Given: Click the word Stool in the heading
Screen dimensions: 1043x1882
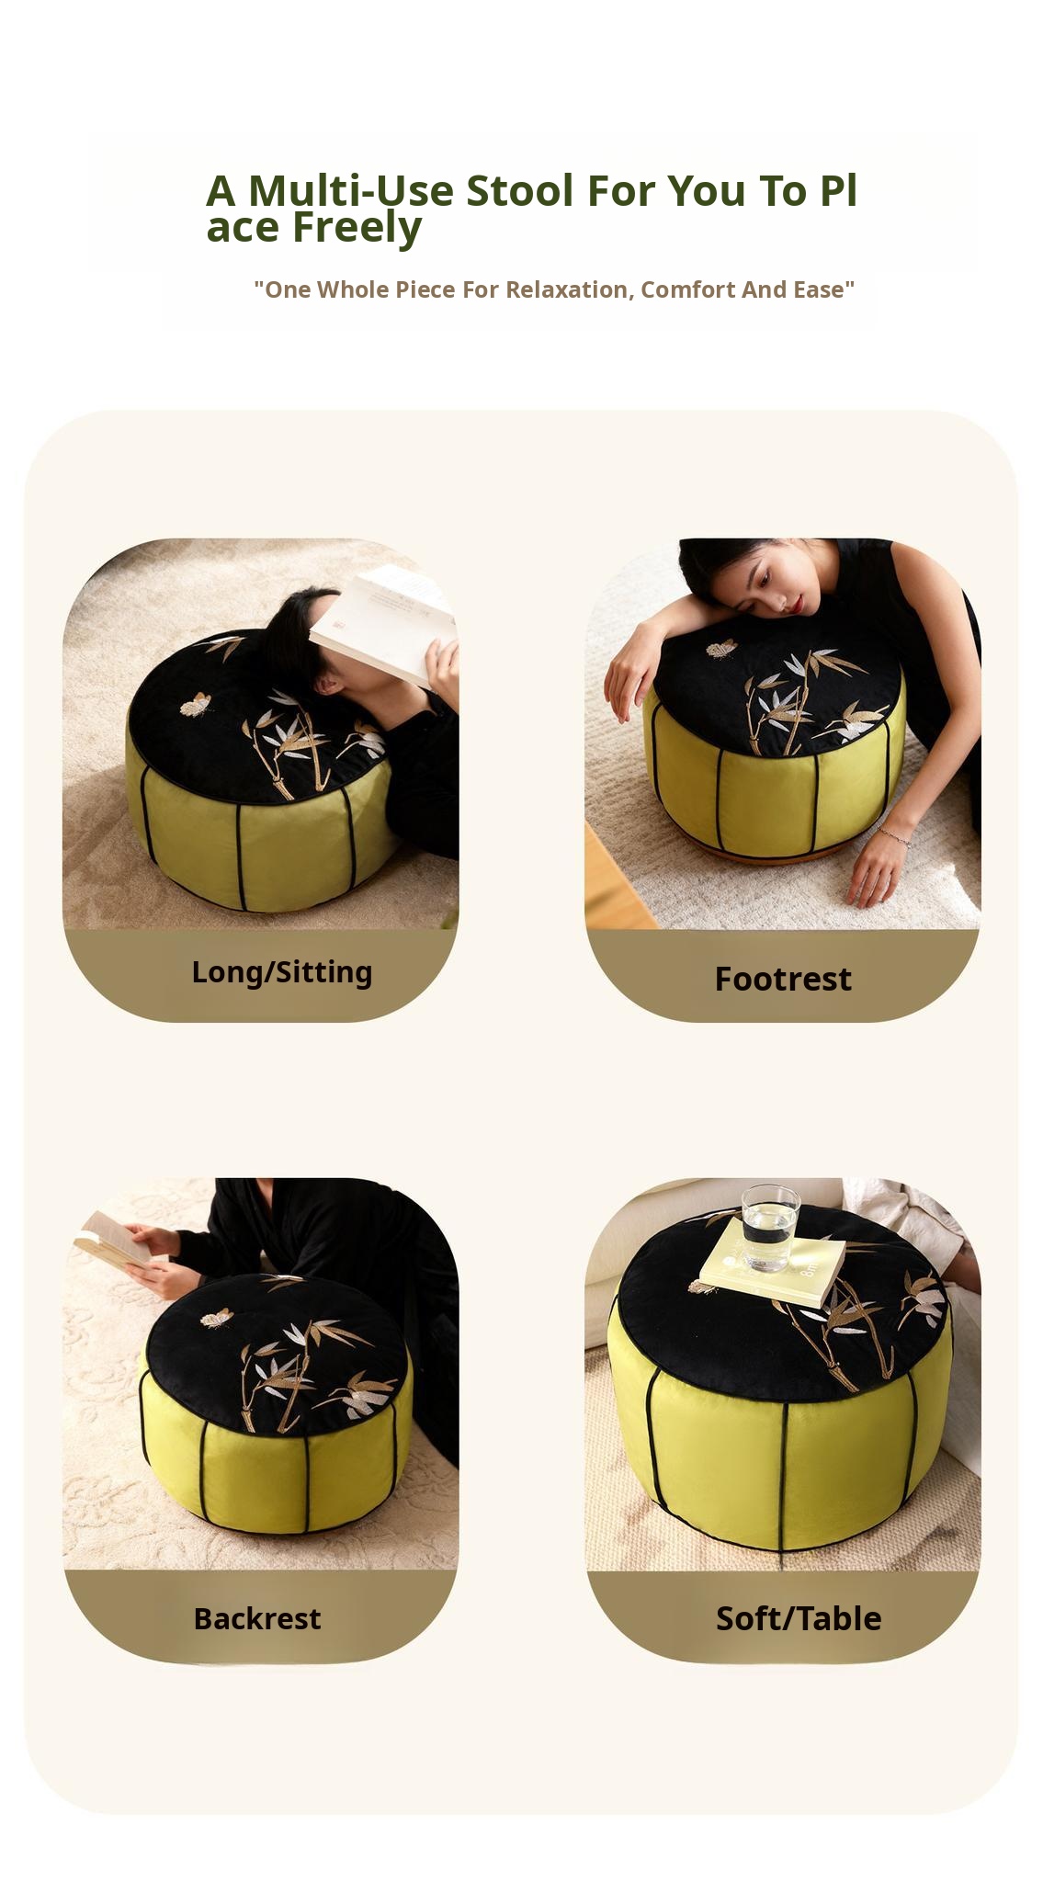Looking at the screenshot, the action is tap(520, 191).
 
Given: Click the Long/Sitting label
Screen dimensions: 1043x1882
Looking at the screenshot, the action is tap(281, 972).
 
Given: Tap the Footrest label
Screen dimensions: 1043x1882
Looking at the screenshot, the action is tap(783, 979).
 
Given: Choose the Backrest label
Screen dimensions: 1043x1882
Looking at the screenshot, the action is tap(257, 1618).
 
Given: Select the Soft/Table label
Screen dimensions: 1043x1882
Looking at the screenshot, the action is tap(799, 1618).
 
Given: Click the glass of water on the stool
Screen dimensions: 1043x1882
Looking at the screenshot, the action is tap(770, 1228).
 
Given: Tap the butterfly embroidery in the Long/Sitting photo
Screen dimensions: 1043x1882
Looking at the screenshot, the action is tap(196, 704).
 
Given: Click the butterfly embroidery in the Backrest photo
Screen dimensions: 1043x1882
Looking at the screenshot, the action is tap(216, 1319).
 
